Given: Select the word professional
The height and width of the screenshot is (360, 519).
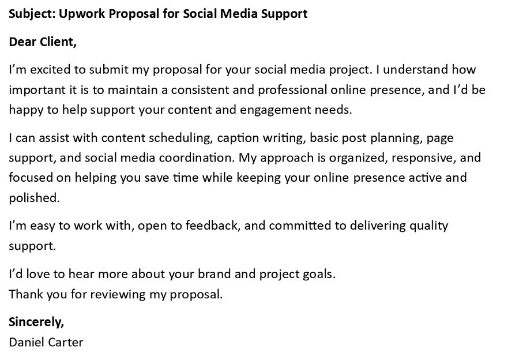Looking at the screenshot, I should click(x=292, y=90).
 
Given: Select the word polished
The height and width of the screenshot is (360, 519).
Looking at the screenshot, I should click(x=34, y=197).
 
